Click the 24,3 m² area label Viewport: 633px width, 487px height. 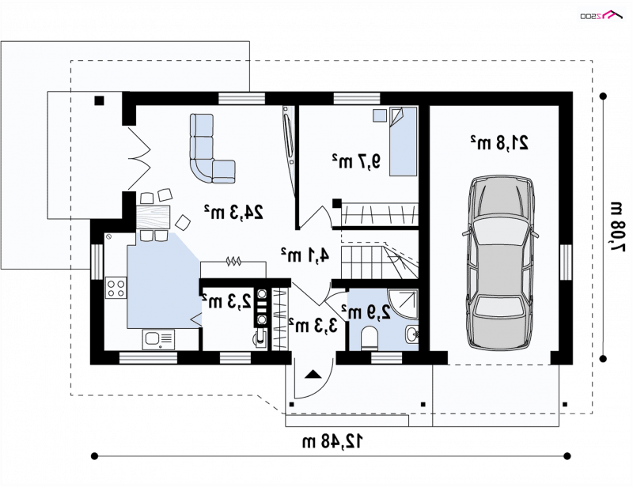pyautogui.click(x=233, y=211)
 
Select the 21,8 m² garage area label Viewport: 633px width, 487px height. pyautogui.click(x=499, y=142)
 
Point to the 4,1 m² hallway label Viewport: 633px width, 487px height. pyautogui.click(x=305, y=255)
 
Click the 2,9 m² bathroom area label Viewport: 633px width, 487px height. pyautogui.click(x=366, y=311)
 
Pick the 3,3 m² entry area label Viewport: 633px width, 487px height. pyautogui.click(x=313, y=325)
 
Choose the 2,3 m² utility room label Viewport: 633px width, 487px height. pyautogui.click(x=226, y=301)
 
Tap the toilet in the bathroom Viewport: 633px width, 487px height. pyautogui.click(x=369, y=338)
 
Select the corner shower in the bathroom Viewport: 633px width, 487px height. pyautogui.click(x=402, y=304)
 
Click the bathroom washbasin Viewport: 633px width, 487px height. pyautogui.click(x=411, y=334)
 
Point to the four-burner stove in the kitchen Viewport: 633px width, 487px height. pyautogui.click(x=116, y=288)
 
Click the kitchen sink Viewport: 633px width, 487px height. pyautogui.click(x=158, y=340)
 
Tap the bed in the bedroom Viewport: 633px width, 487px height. pyautogui.click(x=403, y=142)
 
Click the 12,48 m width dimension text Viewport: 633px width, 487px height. pyautogui.click(x=332, y=441)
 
